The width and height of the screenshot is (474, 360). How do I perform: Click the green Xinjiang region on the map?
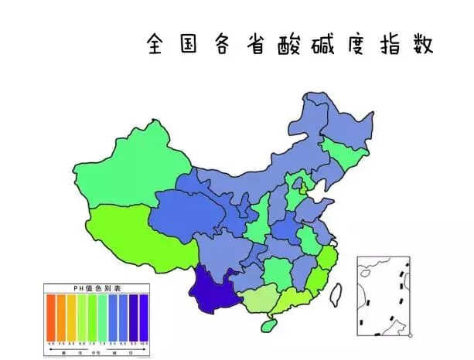tap(131, 166)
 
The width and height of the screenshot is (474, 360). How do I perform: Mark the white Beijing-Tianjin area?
tap(316, 188)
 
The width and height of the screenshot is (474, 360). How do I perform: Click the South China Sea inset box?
tap(384, 297)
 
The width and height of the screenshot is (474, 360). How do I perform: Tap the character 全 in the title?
tap(157, 44)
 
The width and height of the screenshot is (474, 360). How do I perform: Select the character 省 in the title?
tap(254, 44)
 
